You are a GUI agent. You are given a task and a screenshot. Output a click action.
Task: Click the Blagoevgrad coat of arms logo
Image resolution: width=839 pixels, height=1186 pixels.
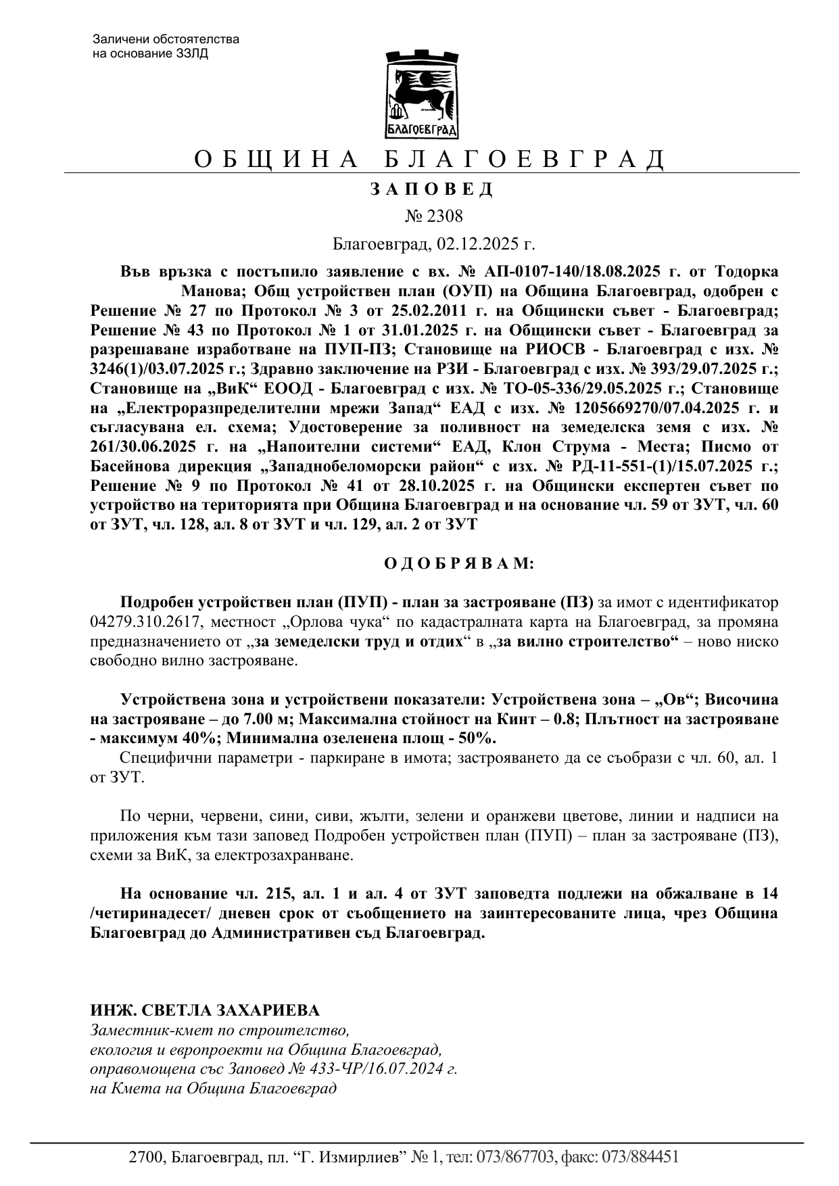[x=421, y=94]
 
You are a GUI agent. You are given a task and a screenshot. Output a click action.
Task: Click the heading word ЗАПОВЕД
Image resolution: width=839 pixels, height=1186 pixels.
[x=432, y=189]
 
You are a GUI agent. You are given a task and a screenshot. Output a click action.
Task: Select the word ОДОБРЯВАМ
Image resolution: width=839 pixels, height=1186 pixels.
[x=459, y=563]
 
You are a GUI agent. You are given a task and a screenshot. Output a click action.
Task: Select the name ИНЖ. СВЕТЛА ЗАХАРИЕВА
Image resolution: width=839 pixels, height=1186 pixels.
[x=205, y=1010]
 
